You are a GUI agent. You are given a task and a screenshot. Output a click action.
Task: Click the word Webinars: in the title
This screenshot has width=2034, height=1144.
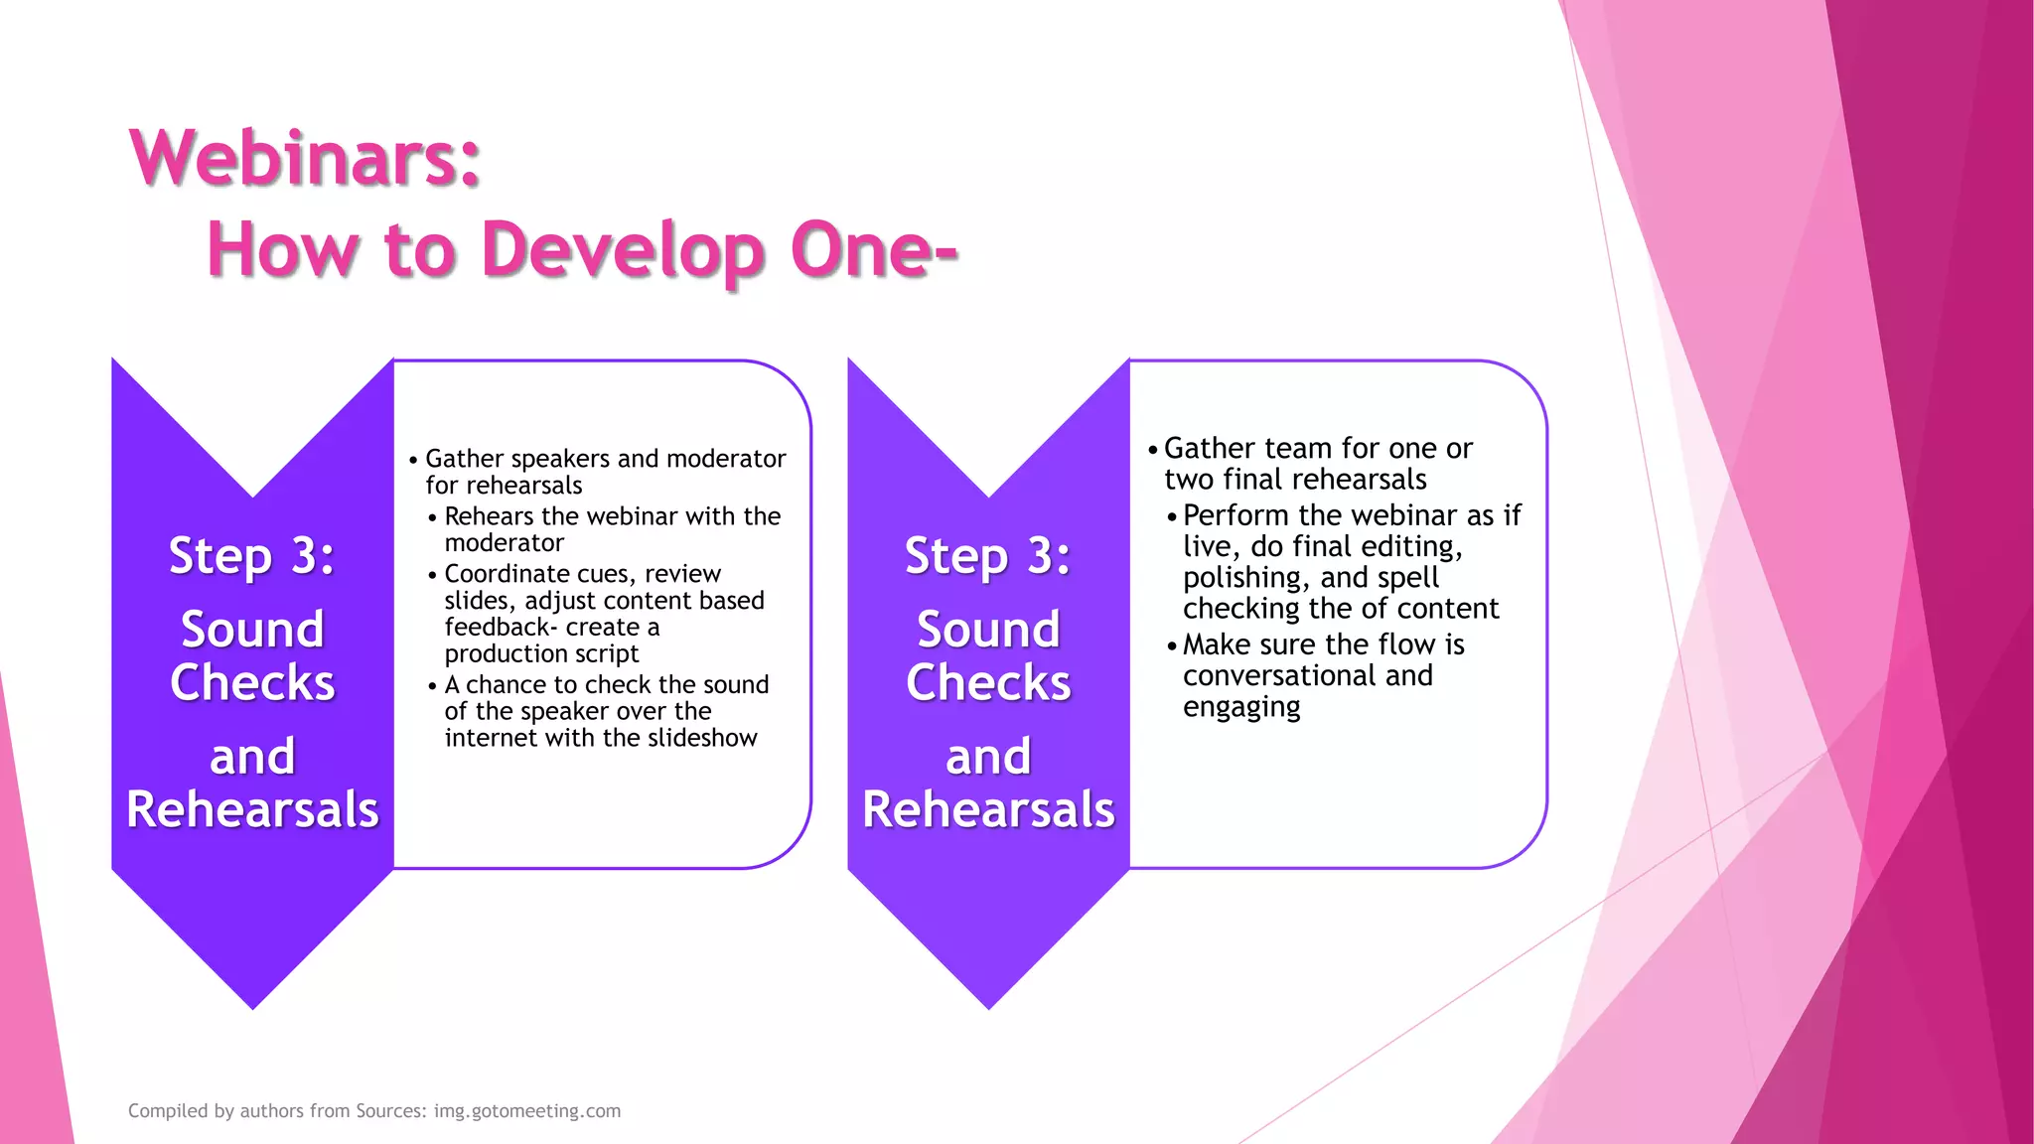click(305, 158)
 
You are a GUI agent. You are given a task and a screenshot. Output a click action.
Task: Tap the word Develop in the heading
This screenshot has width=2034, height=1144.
click(624, 250)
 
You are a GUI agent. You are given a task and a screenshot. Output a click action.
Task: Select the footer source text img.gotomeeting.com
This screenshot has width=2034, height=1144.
click(526, 1111)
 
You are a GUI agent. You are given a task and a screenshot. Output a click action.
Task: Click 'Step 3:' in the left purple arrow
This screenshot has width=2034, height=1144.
click(251, 555)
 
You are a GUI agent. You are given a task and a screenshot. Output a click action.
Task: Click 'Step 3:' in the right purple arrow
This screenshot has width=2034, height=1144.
click(987, 555)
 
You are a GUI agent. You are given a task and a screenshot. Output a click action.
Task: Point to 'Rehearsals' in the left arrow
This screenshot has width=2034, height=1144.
click(252, 809)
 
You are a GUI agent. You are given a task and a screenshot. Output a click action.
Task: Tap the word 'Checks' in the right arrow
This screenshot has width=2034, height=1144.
click(988, 683)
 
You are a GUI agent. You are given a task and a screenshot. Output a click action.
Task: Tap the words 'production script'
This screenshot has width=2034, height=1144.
click(541, 653)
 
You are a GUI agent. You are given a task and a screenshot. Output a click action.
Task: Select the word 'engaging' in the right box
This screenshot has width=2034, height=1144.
click(1241, 707)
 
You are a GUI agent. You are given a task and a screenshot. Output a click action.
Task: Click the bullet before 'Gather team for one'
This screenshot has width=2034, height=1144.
click(1152, 450)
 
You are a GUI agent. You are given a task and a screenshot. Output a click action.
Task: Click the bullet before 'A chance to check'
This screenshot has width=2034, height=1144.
click(432, 686)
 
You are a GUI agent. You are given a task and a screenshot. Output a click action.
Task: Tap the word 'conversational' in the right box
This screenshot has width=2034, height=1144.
click(1279, 676)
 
